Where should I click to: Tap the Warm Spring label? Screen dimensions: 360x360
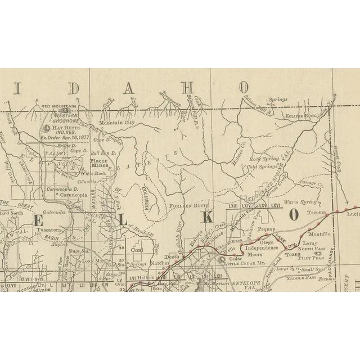(x=298, y=201)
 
